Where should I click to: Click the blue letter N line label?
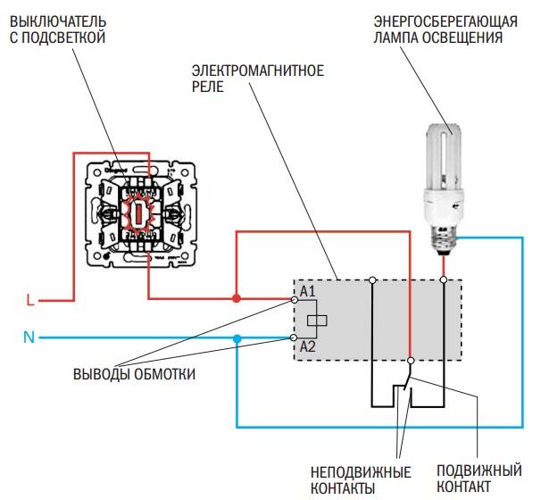(x=29, y=338)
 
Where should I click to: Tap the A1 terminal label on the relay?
(x=308, y=292)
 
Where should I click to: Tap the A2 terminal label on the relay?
(x=308, y=346)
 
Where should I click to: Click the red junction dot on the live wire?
(x=237, y=297)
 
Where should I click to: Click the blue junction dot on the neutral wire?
(x=237, y=338)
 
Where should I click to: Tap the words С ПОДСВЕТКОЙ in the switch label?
(x=58, y=37)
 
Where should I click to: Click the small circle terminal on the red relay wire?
(x=409, y=361)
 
